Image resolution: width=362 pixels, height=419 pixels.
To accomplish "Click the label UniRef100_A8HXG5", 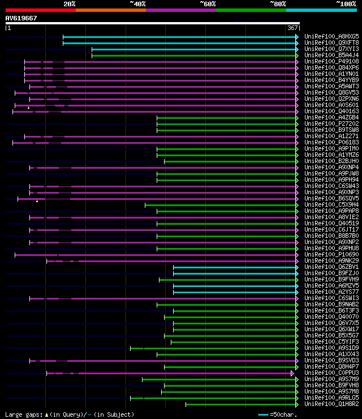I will coord(324,36).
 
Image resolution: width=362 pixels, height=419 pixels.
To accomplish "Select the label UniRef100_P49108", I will coord(324,61).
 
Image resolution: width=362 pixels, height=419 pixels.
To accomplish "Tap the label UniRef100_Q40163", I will coord(324,111).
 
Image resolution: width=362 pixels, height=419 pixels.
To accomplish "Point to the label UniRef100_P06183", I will coord(324,142).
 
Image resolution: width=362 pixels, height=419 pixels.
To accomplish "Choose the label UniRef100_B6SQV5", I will coord(324,198).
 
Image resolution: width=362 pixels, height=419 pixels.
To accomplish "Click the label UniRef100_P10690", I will coord(324,254).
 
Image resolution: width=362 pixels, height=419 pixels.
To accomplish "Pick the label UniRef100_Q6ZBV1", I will coord(324,267).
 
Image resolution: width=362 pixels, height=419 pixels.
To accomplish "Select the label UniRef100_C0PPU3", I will coord(324,373).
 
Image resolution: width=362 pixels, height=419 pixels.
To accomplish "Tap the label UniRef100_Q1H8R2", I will coord(324,404).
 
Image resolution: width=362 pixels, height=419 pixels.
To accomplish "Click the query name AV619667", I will coord(21,18).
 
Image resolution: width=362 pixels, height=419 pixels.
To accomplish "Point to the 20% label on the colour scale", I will coord(70,4).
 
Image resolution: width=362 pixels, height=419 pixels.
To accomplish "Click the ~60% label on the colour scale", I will coord(208,4).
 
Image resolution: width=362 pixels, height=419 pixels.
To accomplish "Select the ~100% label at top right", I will coord(346,4).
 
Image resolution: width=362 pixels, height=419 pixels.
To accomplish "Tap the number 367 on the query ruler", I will coord(292,28).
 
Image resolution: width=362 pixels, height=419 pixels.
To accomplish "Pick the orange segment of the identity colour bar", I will coord(110,10).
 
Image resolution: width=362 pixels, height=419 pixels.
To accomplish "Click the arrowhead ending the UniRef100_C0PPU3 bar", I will coord(292,373).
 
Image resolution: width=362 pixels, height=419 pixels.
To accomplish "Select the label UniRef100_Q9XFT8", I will coord(324,42).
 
